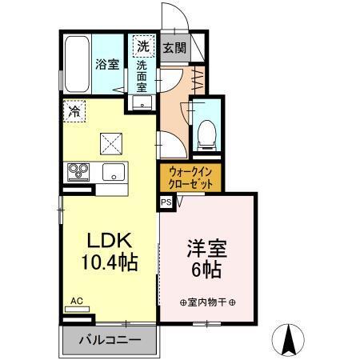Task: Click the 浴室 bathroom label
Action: [108, 65]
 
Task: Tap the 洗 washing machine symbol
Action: [143, 46]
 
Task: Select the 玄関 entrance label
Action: [174, 46]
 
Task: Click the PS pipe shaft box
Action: [166, 203]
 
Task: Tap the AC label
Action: [77, 301]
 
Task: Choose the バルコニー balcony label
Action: [109, 339]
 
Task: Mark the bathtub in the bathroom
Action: [77, 65]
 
